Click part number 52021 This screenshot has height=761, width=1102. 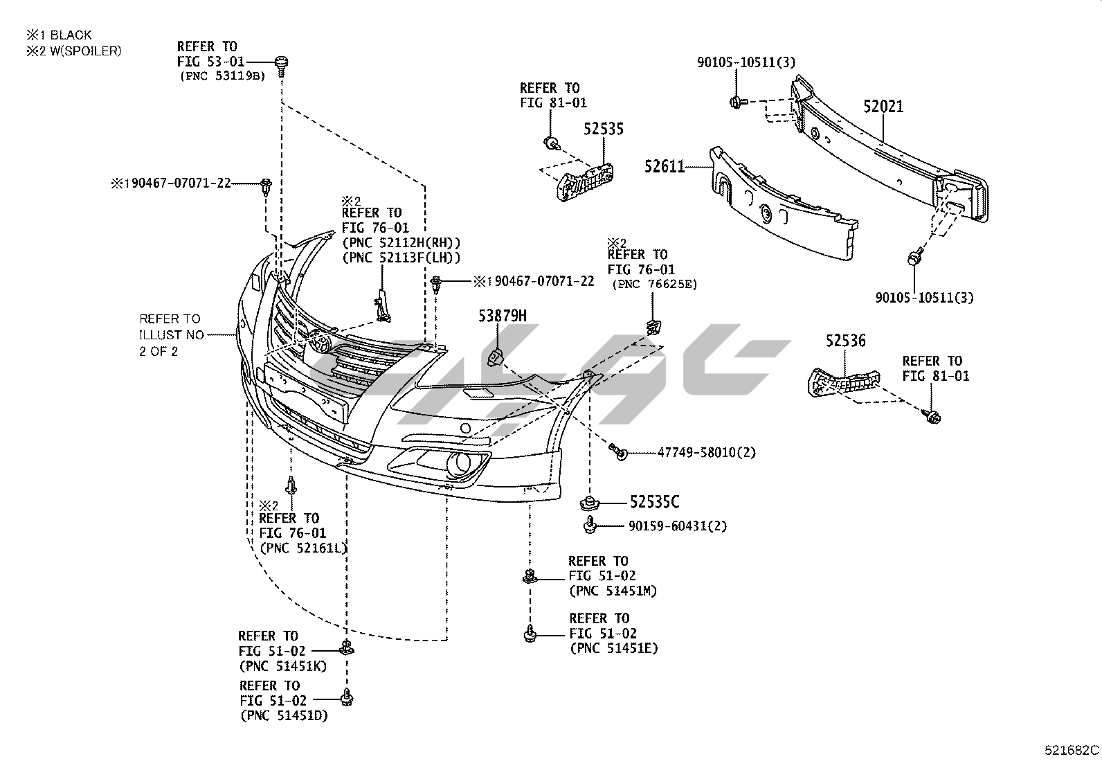click(x=883, y=107)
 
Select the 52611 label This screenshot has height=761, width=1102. click(x=664, y=167)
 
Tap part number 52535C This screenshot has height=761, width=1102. click(x=654, y=502)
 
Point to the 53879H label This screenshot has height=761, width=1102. click(x=502, y=316)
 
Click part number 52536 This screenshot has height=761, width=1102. click(x=845, y=341)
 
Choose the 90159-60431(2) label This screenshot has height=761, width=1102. click(x=678, y=526)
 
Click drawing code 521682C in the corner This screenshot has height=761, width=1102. click(x=1072, y=751)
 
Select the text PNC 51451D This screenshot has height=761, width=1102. click(x=284, y=715)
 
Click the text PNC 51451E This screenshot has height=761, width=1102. click(x=613, y=648)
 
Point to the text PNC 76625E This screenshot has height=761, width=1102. click(x=655, y=284)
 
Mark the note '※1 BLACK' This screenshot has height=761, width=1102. click(x=59, y=35)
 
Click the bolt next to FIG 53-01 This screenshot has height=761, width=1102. click(x=282, y=63)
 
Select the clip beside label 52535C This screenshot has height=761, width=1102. click(x=589, y=501)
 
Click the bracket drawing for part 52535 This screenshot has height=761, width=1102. click(x=585, y=179)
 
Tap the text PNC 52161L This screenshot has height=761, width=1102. click(x=303, y=548)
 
